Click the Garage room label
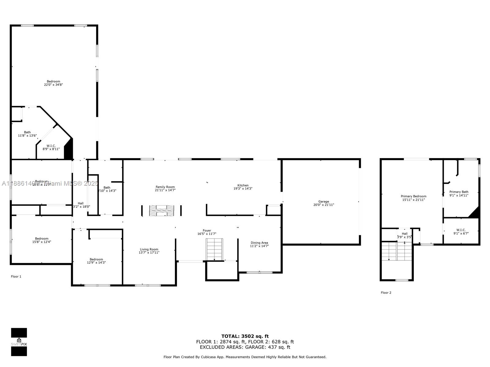323,202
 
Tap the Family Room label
165,187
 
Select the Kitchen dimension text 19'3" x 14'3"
243,189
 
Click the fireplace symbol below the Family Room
161,211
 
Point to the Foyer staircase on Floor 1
214,249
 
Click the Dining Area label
259,243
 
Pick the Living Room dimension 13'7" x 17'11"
149,253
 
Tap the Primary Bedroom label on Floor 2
413,196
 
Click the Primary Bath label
459,192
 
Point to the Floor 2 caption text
386,293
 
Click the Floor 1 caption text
16,276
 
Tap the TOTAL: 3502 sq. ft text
245,336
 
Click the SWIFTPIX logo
19,342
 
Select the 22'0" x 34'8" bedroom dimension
54,85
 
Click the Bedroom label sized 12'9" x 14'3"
96,259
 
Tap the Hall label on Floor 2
405,234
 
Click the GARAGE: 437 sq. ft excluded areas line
245,347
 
